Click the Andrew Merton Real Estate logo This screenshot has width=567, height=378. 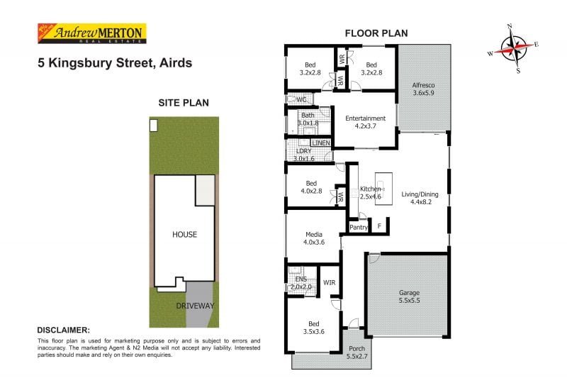[91, 33]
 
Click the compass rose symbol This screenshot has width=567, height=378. [513, 48]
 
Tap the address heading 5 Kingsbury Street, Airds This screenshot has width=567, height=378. [115, 62]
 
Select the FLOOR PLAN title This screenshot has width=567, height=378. [376, 33]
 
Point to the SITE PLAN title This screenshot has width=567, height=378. [183, 103]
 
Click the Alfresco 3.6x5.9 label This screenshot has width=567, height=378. [423, 89]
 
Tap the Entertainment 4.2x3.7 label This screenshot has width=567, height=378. [365, 122]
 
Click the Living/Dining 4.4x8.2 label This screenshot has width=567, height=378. [420, 197]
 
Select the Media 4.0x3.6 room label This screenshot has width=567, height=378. [314, 238]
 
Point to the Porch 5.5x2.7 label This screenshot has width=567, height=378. [356, 352]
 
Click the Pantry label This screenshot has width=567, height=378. [359, 227]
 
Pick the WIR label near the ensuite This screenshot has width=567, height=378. [329, 283]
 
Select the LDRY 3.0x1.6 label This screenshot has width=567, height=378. [303, 155]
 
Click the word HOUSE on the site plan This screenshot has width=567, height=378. [184, 234]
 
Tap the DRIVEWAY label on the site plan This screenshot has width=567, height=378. [196, 306]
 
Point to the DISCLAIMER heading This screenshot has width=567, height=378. [63, 330]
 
